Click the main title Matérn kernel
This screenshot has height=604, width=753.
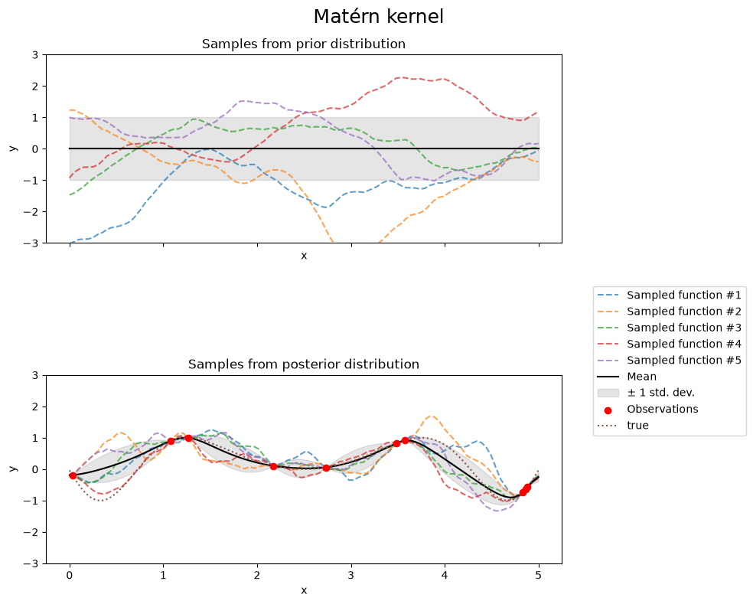tap(379, 16)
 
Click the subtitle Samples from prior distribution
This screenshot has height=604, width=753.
tap(304, 44)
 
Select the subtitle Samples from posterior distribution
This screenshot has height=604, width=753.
tap(304, 364)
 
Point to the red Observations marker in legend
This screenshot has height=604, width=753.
tap(608, 410)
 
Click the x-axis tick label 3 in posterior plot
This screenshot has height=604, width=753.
tap(351, 575)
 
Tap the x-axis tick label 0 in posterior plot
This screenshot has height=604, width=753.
tap(70, 575)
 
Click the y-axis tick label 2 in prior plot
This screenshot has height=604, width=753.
tap(35, 87)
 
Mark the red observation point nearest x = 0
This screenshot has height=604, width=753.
tap(73, 475)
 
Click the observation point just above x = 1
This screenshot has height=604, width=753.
tap(171, 441)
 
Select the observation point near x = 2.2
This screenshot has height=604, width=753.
tap(274, 466)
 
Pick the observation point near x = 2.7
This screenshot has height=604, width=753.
tap(326, 468)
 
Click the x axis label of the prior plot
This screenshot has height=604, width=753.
tap(304, 256)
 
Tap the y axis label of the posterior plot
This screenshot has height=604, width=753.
tap(13, 469)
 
